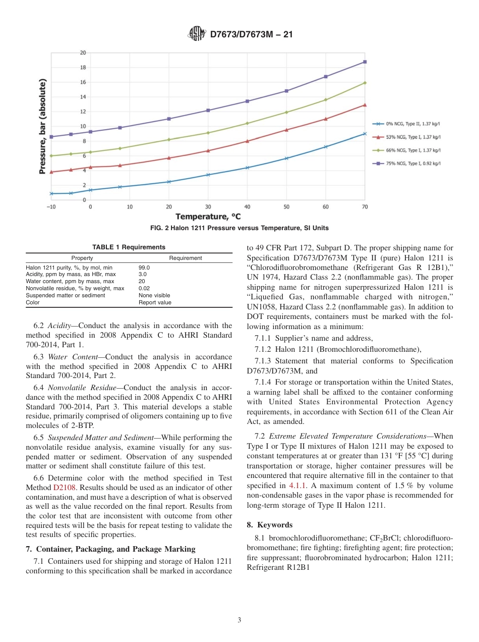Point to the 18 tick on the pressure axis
83,68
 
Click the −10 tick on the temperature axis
51,207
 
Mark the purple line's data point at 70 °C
365,62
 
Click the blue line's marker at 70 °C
365,134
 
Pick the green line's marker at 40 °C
247,123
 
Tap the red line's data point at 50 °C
286,130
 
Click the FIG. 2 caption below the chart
239,228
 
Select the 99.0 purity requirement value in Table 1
144,268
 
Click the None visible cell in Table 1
154,295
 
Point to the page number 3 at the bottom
239,620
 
